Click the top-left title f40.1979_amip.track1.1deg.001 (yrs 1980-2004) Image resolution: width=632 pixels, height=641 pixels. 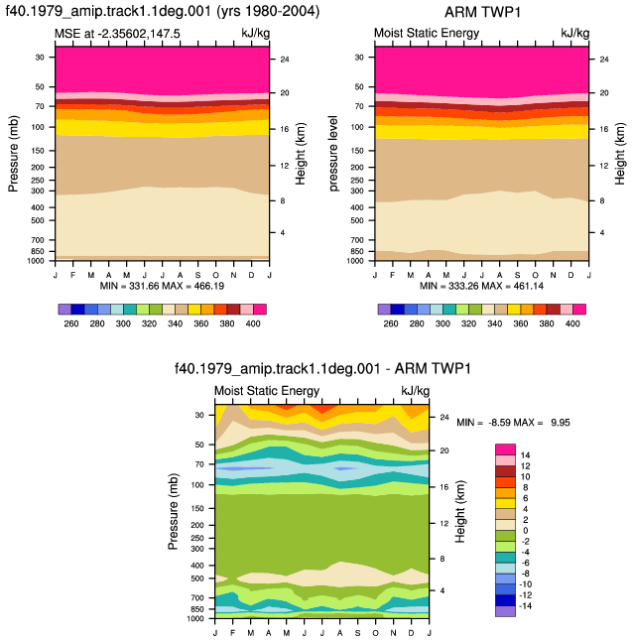pos(163,11)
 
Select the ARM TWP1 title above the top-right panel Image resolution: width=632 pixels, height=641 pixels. pos(482,12)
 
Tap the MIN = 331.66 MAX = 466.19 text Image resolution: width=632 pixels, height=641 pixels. pos(162,286)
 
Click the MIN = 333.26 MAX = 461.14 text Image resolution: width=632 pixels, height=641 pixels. pos(481,286)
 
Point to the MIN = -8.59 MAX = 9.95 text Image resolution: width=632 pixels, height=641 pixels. pos(513,423)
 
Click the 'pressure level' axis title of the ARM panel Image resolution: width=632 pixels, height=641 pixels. pos(333,153)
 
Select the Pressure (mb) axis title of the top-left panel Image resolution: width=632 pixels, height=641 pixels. pos(13,154)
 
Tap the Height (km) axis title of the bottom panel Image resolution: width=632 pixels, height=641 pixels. pos(460,511)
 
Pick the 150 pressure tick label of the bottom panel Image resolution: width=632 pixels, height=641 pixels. pos(197,509)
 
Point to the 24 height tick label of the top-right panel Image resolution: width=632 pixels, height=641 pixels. pos(604,60)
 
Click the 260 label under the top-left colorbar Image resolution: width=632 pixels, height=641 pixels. pos(71,323)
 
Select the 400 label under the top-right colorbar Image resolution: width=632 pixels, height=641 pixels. pos(572,323)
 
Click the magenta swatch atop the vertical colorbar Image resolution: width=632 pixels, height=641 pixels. pos(505,449)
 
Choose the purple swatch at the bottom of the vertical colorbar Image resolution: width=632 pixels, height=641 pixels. pos(505,611)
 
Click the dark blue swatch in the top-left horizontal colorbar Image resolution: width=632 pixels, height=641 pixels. pos(77,309)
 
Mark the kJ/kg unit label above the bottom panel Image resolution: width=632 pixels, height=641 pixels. pos(416,391)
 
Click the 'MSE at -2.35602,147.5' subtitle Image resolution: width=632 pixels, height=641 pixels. pos(117,33)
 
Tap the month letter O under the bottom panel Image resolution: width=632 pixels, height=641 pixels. pos(376,633)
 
